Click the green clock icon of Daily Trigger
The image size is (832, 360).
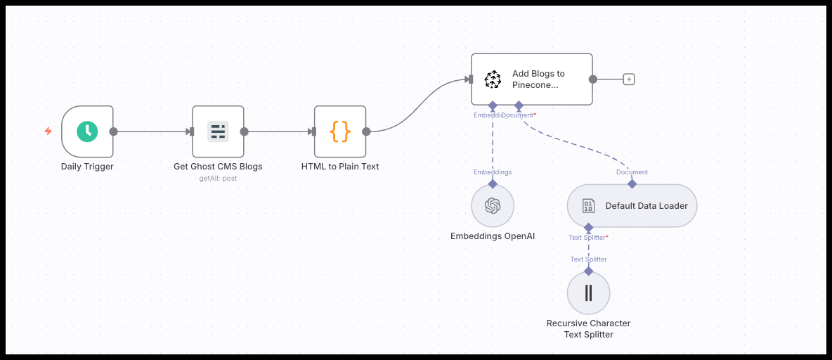coord(87,131)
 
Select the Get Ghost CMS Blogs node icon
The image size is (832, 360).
coord(218,131)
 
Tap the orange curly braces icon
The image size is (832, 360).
coord(340,131)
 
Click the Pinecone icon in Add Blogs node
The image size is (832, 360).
coord(493,79)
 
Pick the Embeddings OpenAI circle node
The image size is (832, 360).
coord(493,206)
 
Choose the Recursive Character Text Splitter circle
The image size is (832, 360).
coord(588,292)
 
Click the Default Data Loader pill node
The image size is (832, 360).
coord(632,206)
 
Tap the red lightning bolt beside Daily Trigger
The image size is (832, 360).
coord(48,131)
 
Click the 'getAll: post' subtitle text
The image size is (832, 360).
coord(218,178)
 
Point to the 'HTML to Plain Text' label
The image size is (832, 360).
coord(340,167)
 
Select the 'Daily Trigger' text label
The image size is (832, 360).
coord(87,167)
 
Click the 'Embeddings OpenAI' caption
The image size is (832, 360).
coord(493,236)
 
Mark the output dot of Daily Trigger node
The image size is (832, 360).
coord(114,131)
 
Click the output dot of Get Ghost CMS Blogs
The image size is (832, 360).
coord(244,131)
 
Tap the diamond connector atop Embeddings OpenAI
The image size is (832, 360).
coord(493,184)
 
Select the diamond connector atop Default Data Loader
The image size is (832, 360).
coord(632,184)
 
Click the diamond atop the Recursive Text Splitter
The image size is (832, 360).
coord(588,271)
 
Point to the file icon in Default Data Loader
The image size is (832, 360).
coord(588,206)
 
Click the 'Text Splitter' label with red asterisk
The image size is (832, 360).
coord(588,237)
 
